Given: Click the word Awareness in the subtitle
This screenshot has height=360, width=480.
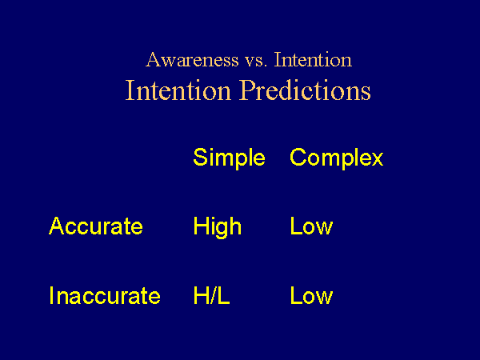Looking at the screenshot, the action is pos(192,59).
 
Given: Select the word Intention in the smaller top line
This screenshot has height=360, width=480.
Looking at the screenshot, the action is pos(313,59).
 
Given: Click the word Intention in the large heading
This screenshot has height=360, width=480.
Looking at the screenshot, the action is pos(178,90).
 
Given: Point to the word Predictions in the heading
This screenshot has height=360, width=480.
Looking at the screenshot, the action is pos(306,90).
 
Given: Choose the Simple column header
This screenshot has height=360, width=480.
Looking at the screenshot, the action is pos(229,158).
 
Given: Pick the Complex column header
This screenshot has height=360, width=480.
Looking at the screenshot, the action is pos(337,158).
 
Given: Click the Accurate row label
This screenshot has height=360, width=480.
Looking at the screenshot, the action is pos(96,226).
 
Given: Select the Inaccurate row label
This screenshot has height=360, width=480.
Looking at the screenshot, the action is pos(105,295).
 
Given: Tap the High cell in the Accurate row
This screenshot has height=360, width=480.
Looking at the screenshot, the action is pos(218,227).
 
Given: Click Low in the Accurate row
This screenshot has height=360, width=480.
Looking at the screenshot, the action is pos(311,226).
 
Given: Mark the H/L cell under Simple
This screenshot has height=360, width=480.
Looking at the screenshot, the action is pos(211,295).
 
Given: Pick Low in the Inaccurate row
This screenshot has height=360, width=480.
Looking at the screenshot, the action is pos(311,295).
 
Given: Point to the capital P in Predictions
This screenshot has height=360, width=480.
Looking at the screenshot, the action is pos(248,90).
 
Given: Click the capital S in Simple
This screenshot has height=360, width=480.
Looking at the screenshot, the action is pos(200,157).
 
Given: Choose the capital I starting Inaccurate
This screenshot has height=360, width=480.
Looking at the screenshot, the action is pos(51,295).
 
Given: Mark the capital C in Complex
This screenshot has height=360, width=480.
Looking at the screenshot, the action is pos(298,157).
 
